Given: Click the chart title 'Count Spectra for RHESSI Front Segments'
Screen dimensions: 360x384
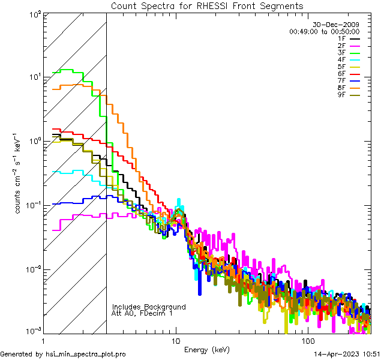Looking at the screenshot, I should (x=207, y=5).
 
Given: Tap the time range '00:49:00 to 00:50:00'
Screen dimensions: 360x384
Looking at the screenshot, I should (x=324, y=31).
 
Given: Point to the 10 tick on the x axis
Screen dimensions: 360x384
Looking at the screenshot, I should (x=175, y=340).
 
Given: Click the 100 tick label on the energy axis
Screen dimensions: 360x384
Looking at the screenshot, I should (x=307, y=340).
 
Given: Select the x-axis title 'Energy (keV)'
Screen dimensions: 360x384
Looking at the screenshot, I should (x=207, y=350).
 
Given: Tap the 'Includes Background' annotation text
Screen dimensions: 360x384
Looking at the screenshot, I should (x=149, y=307).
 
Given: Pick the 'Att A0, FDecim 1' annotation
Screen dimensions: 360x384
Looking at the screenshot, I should (x=142, y=313).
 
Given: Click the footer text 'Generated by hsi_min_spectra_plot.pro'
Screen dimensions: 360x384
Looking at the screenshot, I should (x=63, y=355).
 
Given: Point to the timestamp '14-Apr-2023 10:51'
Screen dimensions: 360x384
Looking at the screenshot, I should (x=347, y=355).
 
